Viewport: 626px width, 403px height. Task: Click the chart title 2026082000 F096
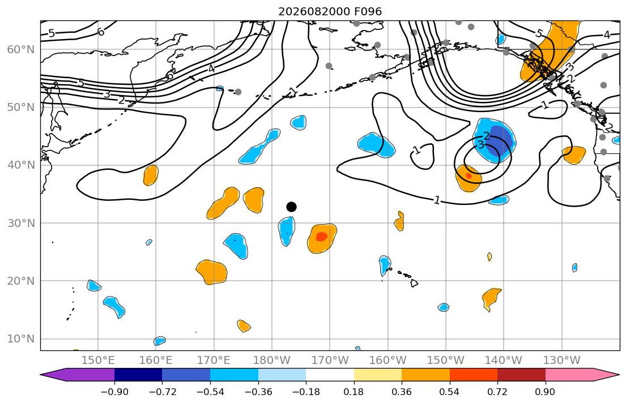point(330,11)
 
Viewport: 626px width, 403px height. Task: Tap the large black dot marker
point(291,207)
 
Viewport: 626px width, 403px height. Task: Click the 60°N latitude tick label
point(21,49)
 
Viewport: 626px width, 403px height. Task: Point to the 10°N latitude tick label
point(21,339)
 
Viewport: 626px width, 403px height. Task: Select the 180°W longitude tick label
point(272,361)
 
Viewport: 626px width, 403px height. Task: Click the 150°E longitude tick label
point(98,361)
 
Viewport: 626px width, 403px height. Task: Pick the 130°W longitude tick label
point(562,361)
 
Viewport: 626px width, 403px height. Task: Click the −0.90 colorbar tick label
point(114,392)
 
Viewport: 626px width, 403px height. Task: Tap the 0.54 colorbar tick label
point(450,392)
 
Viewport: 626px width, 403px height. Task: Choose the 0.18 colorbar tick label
point(354,392)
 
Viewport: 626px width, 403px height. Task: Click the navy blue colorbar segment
point(138,375)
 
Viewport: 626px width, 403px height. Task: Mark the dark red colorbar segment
point(521,375)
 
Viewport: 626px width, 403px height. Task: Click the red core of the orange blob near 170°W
point(321,237)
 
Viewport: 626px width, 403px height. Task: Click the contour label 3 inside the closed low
point(481,145)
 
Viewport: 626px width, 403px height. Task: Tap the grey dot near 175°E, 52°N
point(238,92)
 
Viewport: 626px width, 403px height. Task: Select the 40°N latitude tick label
point(21,165)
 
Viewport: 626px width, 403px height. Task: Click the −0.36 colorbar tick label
point(258,392)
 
